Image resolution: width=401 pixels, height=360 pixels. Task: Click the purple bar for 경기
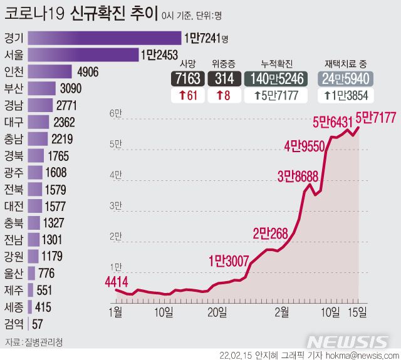[x=105, y=38]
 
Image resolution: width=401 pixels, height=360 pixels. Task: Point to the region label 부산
[x=13, y=88]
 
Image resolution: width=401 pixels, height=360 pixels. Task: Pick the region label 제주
[x=13, y=290]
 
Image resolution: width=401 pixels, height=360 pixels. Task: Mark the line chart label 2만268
[x=270, y=234]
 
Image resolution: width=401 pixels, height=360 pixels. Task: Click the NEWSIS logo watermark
[x=348, y=342]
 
